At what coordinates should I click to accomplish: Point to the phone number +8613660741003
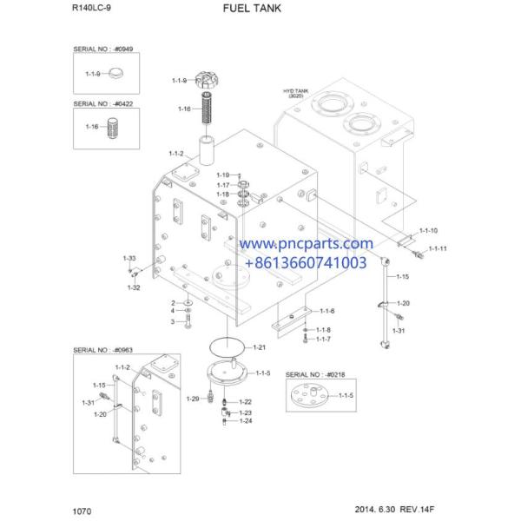click(x=306, y=261)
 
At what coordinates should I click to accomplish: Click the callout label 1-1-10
click(x=429, y=231)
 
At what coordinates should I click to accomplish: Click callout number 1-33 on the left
click(x=129, y=259)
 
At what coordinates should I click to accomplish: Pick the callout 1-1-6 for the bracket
click(x=326, y=311)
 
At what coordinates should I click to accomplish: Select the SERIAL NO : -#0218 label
click(x=314, y=370)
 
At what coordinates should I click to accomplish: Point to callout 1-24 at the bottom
click(x=246, y=421)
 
